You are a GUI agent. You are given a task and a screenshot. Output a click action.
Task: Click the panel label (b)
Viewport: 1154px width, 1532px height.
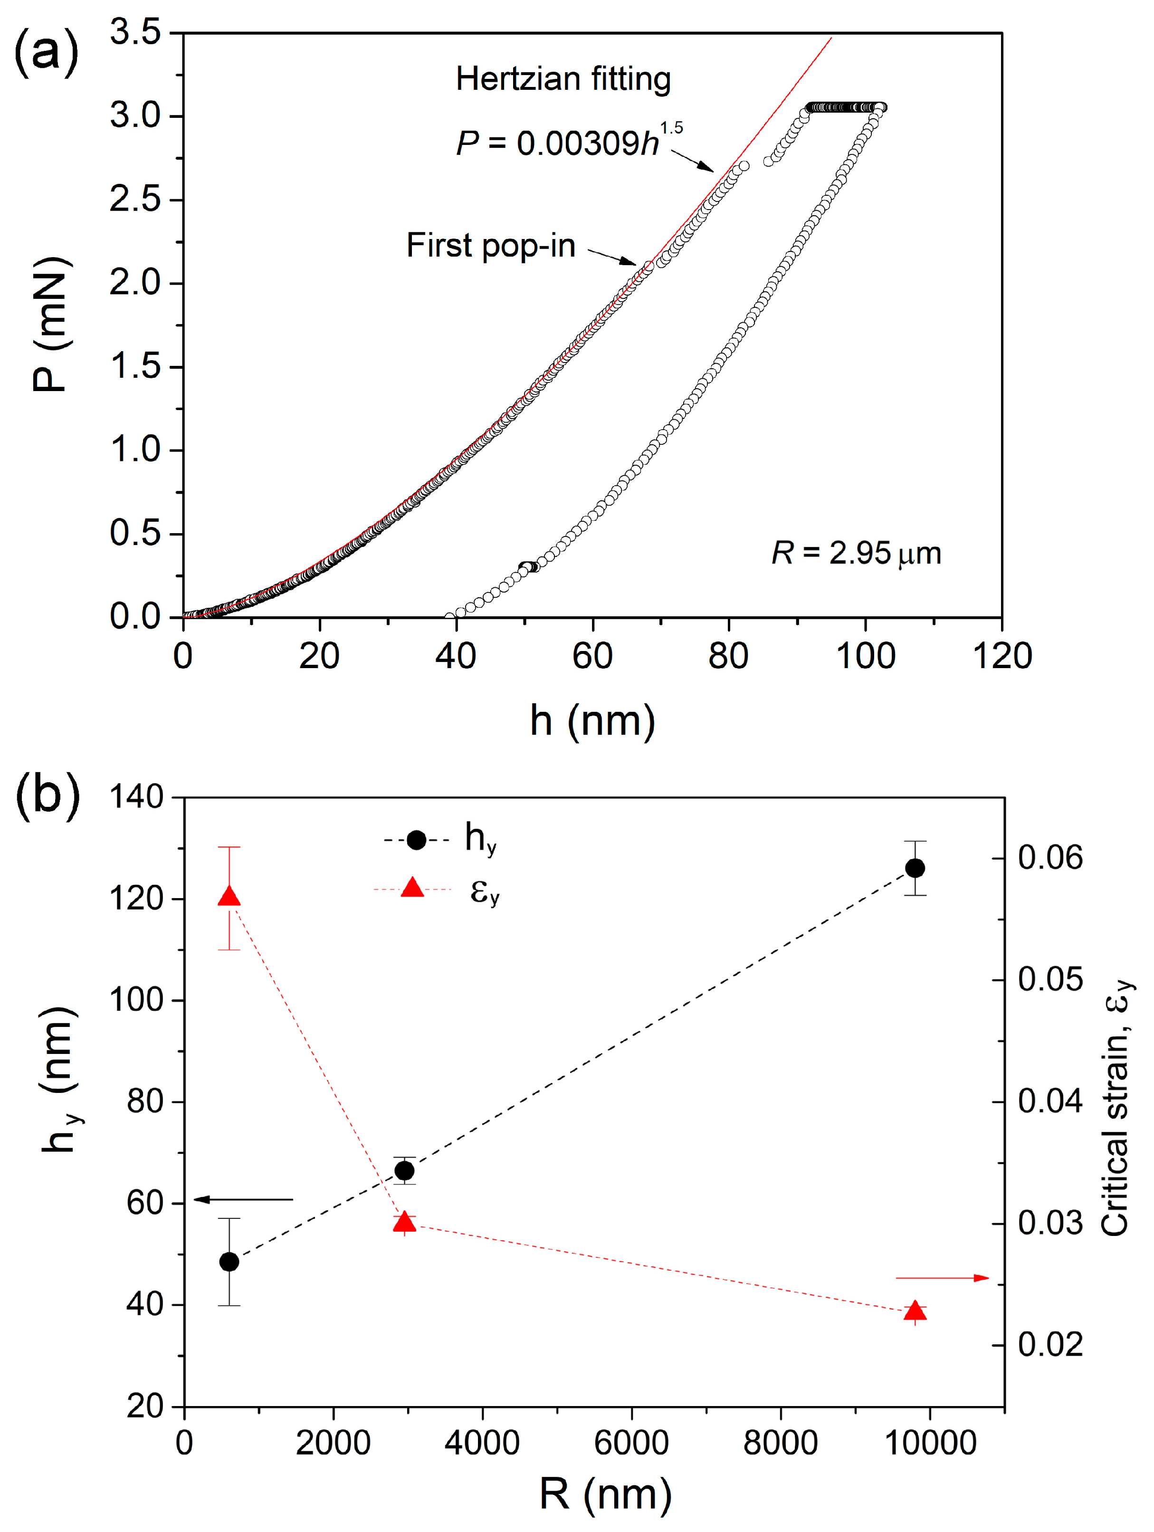coord(47,796)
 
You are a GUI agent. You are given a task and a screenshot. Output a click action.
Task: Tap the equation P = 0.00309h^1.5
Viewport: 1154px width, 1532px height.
coord(568,142)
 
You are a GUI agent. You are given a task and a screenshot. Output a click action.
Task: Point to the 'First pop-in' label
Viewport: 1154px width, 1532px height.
coord(490,245)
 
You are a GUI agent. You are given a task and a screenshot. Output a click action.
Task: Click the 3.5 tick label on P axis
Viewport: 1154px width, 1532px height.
coord(136,33)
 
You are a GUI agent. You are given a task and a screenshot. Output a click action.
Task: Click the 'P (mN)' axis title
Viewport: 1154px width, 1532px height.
coord(50,324)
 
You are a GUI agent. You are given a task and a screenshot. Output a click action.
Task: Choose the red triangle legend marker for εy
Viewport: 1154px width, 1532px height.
coord(412,888)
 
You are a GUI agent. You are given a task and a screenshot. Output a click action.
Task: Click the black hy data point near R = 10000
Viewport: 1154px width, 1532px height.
coord(915,868)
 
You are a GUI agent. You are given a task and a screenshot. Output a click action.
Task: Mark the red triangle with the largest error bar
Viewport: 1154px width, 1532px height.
coord(229,897)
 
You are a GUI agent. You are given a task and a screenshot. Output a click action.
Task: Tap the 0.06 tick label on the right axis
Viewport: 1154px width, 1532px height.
coord(1049,857)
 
